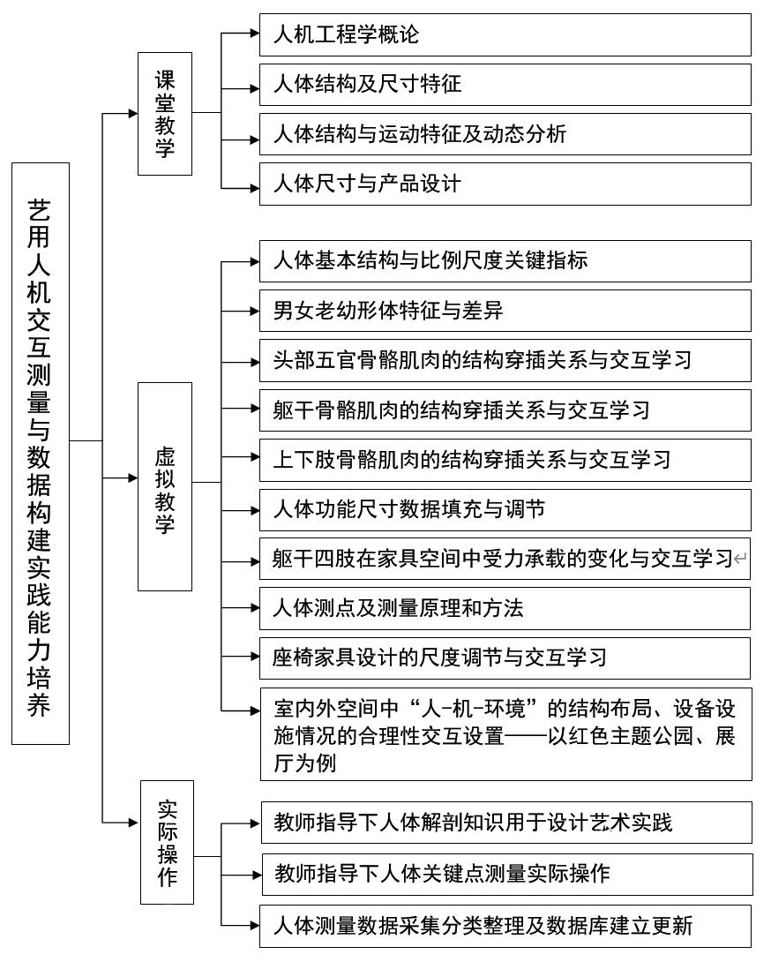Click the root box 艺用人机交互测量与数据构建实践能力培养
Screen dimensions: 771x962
pyautogui.click(x=41, y=454)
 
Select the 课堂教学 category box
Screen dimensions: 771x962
pyautogui.click(x=165, y=114)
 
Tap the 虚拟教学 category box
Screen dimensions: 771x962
pyautogui.click(x=165, y=486)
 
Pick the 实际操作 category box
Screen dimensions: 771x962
pyautogui.click(x=167, y=842)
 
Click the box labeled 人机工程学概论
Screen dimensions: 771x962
pyautogui.click(x=505, y=35)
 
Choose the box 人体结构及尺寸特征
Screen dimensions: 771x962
pyautogui.click(x=505, y=84)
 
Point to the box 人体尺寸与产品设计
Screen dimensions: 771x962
pyautogui.click(x=505, y=184)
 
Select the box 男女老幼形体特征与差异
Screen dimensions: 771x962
pyautogui.click(x=505, y=311)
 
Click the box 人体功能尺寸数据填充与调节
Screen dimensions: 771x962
pyautogui.click(x=505, y=509)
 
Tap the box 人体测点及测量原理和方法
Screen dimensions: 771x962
pyautogui.click(x=505, y=608)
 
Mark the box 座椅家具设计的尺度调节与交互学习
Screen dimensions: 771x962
pyautogui.click(x=505, y=658)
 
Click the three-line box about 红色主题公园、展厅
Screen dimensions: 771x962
pyautogui.click(x=506, y=734)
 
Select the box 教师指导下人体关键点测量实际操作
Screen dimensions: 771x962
pyautogui.click(x=507, y=875)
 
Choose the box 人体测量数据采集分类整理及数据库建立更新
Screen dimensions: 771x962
pyautogui.click(x=505, y=926)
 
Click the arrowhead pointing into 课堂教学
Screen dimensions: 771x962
pyautogui.click(x=132, y=114)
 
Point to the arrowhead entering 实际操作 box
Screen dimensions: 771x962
pyautogui.click(x=135, y=823)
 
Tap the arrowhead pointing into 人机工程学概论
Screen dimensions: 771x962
pyautogui.click(x=255, y=34)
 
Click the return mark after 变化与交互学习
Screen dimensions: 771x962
pyautogui.click(x=740, y=559)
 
